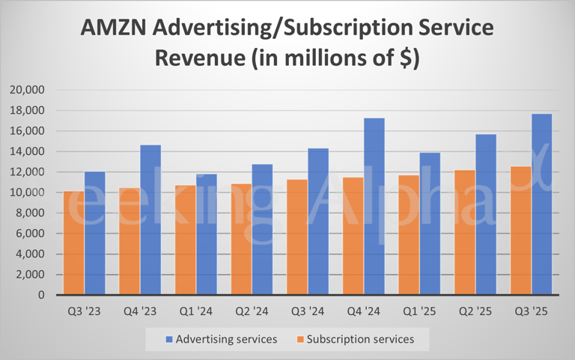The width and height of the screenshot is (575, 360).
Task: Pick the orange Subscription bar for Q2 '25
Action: (464, 233)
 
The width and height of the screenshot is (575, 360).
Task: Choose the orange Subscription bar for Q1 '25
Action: (409, 235)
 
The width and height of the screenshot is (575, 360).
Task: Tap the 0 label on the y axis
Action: (42, 296)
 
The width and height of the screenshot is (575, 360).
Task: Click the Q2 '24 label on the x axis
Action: (252, 310)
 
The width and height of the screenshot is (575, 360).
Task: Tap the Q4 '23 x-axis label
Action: (140, 310)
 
